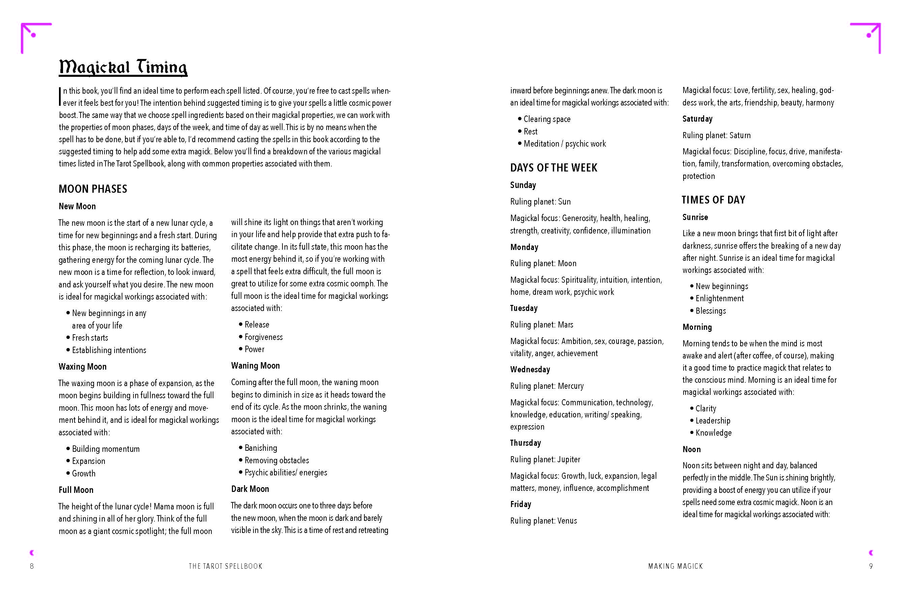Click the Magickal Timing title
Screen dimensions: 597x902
[x=123, y=67]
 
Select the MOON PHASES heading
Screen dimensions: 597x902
[x=93, y=189]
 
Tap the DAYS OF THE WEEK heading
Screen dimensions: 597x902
[x=553, y=167]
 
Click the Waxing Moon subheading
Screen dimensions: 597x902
[x=83, y=367]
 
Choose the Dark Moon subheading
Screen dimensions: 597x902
[x=250, y=489]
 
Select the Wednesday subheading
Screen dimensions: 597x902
[x=530, y=369]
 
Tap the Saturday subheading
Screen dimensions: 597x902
[x=697, y=119]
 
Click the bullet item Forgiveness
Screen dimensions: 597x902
[x=264, y=337]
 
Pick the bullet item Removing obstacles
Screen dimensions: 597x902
[x=276, y=460]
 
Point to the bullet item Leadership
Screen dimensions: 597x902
[x=713, y=421]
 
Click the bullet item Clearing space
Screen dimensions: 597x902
[x=547, y=119]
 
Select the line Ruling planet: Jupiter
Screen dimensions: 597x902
[x=545, y=460]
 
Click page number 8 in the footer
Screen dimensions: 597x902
[x=32, y=566]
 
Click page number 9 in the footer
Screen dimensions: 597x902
[x=871, y=566]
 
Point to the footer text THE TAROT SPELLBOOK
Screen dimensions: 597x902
[x=225, y=566]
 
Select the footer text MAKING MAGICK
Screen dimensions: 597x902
[x=675, y=566]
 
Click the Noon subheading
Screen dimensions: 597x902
[x=691, y=449]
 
